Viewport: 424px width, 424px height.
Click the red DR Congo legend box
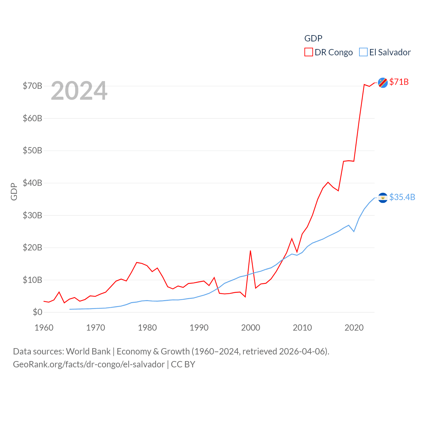click(x=308, y=52)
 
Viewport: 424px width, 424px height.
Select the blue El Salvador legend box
click(x=363, y=52)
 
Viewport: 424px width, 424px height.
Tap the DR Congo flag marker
click(x=383, y=82)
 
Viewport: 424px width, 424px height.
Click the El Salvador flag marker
click(x=383, y=198)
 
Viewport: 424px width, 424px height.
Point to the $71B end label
click(x=399, y=82)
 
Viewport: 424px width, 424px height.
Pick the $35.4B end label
click(x=402, y=197)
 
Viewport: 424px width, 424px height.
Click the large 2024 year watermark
click(x=79, y=91)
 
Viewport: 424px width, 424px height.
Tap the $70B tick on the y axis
click(x=32, y=86)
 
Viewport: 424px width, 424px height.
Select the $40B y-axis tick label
click(x=32, y=183)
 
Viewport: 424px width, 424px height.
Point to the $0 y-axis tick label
click(x=37, y=312)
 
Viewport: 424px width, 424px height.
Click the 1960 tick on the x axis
click(x=44, y=328)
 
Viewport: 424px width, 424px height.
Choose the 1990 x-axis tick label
click(x=199, y=328)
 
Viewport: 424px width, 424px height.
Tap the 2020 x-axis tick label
click(x=354, y=328)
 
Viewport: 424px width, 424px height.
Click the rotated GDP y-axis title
click(x=14, y=191)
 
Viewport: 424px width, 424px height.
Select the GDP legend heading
click(x=313, y=38)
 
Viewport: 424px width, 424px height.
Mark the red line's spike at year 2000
click(x=250, y=251)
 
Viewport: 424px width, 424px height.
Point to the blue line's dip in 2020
click(x=354, y=231)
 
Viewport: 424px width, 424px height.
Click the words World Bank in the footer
click(x=88, y=351)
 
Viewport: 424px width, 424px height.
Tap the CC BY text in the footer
click(x=183, y=364)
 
